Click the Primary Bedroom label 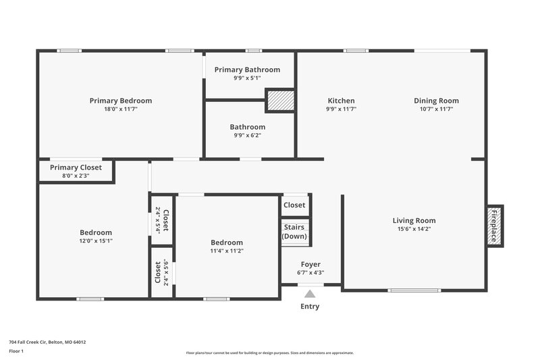(121, 101)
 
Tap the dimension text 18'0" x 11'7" (121, 109)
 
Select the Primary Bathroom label (247, 70)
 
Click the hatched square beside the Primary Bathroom (280, 101)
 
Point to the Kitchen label (341, 101)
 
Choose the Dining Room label (436, 101)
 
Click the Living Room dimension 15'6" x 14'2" (414, 229)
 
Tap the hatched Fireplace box (494, 226)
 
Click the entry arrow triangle (310, 294)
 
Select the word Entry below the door (310, 307)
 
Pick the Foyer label (310, 264)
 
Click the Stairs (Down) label (294, 232)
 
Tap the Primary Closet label (76, 168)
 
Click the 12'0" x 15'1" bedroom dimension (96, 240)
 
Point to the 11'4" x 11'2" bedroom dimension (227, 251)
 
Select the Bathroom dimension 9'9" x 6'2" (247, 135)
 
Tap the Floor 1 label (16, 351)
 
